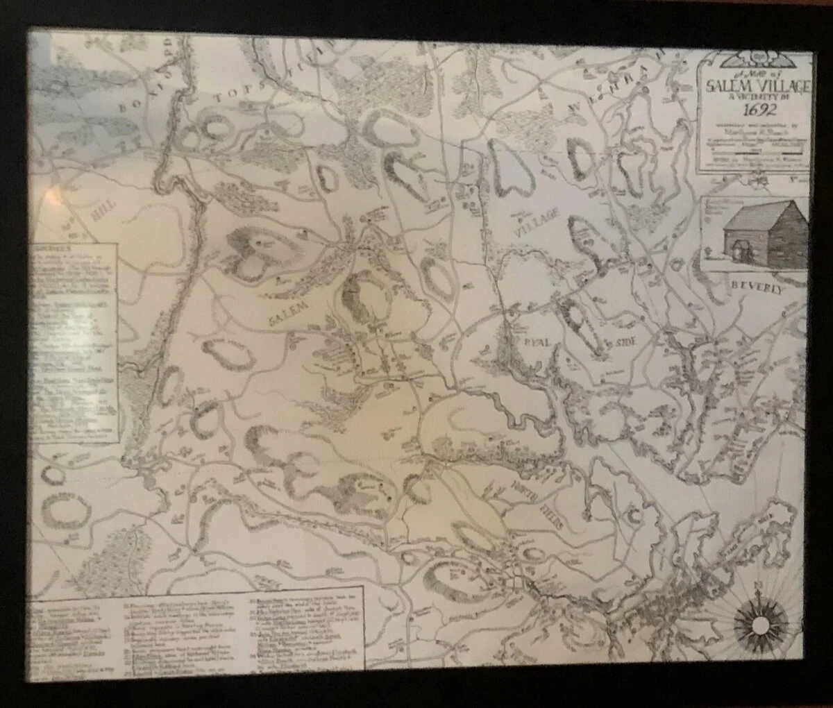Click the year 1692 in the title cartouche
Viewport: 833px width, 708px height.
click(752, 108)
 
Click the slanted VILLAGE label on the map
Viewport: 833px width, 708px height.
click(536, 224)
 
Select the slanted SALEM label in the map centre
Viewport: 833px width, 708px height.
click(291, 312)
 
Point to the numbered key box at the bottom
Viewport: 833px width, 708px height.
click(198, 628)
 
